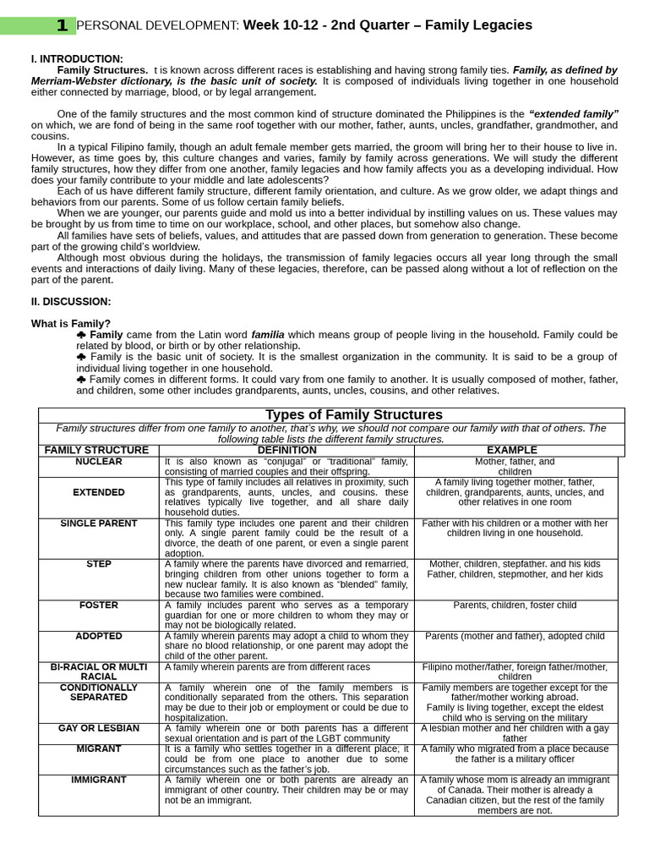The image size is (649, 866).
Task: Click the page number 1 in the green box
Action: (x=62, y=25)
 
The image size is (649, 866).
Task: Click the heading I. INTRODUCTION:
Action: (x=77, y=58)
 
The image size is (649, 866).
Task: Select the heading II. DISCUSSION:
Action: (x=71, y=301)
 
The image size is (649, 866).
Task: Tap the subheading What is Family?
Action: (x=71, y=323)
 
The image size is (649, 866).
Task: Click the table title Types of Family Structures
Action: (x=354, y=414)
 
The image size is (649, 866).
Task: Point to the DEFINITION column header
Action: (x=286, y=450)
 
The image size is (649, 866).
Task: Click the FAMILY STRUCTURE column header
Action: (x=96, y=450)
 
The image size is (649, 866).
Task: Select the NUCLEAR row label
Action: (x=99, y=462)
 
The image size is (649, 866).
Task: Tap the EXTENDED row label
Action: (x=99, y=492)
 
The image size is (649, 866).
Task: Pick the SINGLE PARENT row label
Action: (x=99, y=523)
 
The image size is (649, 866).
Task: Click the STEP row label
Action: (x=99, y=564)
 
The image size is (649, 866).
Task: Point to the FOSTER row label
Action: (x=99, y=606)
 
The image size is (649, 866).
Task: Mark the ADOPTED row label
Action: (x=99, y=636)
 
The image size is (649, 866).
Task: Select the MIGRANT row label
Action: (x=99, y=748)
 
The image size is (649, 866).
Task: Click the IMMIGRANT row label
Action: (x=99, y=780)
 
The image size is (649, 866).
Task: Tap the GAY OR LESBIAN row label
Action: (x=99, y=728)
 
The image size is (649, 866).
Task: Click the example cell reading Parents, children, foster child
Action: (x=515, y=606)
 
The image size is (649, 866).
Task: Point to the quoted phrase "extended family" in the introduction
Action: (x=574, y=113)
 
